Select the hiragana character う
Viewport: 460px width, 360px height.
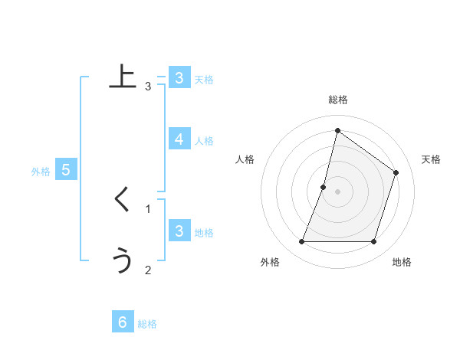[123, 260]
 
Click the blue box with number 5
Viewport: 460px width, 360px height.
[66, 170]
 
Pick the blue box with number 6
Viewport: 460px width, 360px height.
[123, 322]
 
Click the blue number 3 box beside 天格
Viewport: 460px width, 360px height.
[179, 78]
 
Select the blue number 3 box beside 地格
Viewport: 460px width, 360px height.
[179, 231]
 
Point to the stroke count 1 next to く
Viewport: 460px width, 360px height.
[148, 208]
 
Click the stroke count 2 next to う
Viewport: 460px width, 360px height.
[148, 269]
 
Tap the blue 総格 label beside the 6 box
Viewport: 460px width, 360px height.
[147, 324]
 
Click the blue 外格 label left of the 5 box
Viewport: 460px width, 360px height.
[41, 172]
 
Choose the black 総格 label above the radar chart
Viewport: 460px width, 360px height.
[338, 100]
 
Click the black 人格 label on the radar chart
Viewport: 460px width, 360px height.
[245, 159]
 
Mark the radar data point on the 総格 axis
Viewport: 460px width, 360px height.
[338, 130]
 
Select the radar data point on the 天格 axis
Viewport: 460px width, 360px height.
[396, 172]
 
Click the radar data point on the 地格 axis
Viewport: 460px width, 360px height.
[373, 242]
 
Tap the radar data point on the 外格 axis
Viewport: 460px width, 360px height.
[301, 242]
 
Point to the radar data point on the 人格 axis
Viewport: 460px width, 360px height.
[324, 187]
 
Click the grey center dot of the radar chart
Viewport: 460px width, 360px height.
[338, 191]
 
